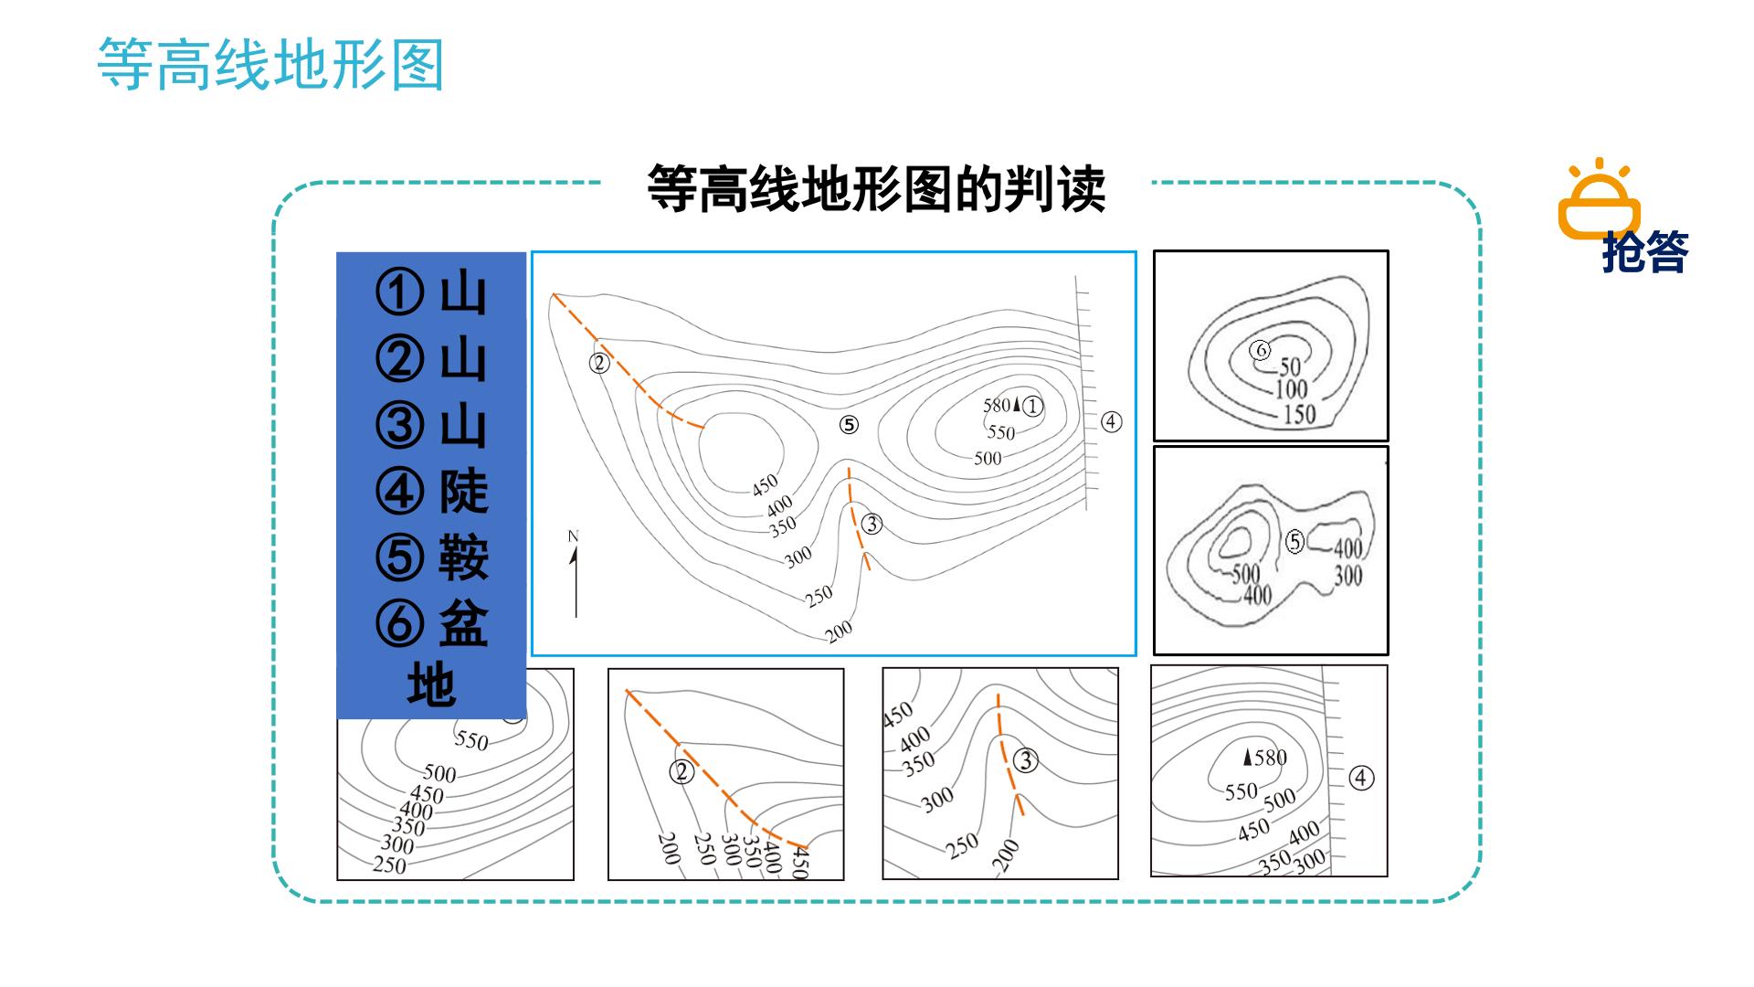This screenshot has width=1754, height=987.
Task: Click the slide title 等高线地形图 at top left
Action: click(270, 65)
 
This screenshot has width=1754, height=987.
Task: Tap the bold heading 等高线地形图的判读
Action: click(876, 189)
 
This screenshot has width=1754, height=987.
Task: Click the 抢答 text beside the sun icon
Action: click(1645, 252)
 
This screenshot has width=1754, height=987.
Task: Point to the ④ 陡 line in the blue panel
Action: click(432, 492)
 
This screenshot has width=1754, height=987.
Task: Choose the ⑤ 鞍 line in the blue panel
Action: click(432, 557)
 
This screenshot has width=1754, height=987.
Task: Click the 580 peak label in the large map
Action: click(996, 405)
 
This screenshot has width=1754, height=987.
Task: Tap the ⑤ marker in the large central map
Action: click(850, 425)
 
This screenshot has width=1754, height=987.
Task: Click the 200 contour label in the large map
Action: click(838, 630)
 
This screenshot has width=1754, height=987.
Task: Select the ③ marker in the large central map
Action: click(872, 524)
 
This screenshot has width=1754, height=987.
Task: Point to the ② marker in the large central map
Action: click(598, 363)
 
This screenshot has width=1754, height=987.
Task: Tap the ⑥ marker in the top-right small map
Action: click(1261, 350)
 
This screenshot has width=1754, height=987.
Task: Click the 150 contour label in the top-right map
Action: click(1299, 414)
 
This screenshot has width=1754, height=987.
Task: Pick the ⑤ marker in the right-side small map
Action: click(1294, 542)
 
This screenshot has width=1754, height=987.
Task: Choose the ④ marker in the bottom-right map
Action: click(1361, 778)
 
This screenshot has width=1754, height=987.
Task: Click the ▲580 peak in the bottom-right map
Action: click(1264, 757)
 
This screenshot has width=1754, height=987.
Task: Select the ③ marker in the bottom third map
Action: click(1026, 760)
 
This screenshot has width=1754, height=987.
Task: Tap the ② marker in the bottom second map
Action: click(682, 772)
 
